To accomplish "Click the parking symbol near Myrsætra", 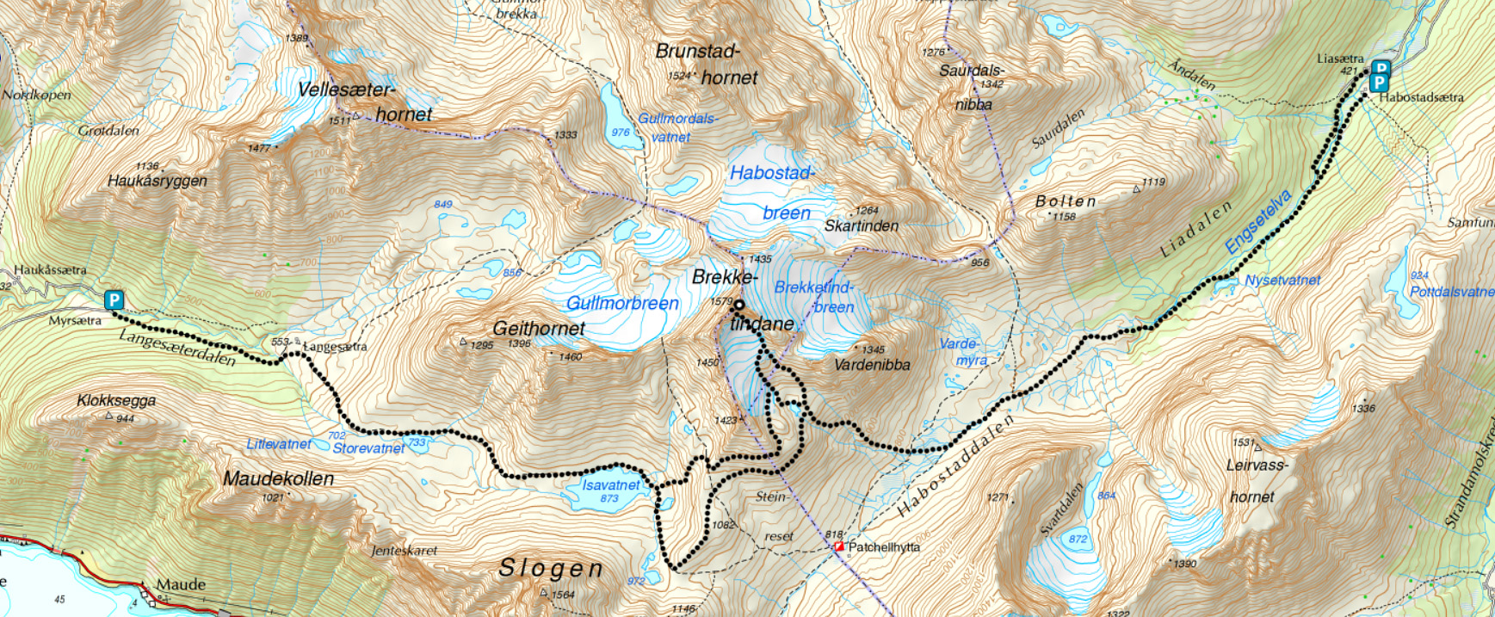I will [x=114, y=300].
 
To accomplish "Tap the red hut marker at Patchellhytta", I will [x=839, y=546].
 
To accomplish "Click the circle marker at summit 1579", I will [x=738, y=305].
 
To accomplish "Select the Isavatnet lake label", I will [x=610, y=485].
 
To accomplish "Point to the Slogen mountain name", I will [x=551, y=569].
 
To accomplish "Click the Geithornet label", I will [x=539, y=329].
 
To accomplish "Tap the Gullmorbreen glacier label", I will [x=622, y=304].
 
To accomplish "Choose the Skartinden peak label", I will [x=861, y=226].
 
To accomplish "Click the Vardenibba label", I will [x=872, y=365].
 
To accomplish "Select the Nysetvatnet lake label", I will [x=1282, y=281].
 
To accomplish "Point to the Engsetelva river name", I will [x=1258, y=222].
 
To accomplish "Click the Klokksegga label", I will [x=116, y=401].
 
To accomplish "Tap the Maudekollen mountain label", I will [x=278, y=479].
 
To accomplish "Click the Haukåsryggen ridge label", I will [x=157, y=181].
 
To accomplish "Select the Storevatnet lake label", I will [x=368, y=448].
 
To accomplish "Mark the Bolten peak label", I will [x=1066, y=201].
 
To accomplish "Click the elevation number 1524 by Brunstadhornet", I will [x=680, y=77].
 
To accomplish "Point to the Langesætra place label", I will [x=336, y=347].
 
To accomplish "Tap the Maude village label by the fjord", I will [x=181, y=585].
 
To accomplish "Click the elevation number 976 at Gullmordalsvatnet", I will [x=621, y=133].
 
